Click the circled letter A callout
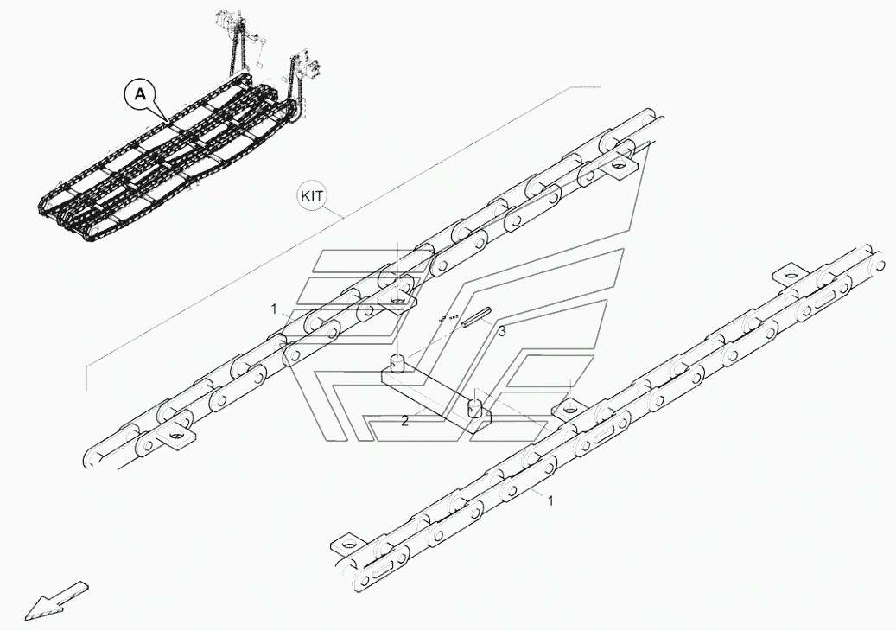[143, 93]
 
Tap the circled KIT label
[312, 195]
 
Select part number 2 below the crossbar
[404, 421]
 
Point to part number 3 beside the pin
[501, 330]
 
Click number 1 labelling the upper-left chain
[273, 309]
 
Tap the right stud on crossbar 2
[474, 406]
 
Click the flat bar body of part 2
[436, 393]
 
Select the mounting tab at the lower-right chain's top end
[784, 272]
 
